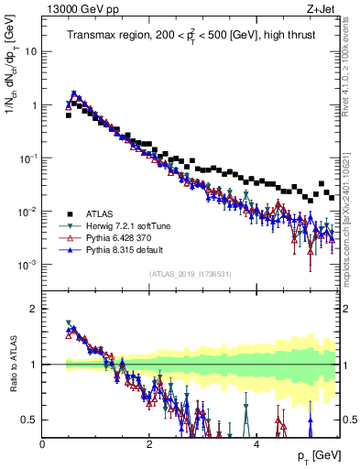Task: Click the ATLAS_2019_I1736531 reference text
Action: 191,274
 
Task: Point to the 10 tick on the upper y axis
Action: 30,51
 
